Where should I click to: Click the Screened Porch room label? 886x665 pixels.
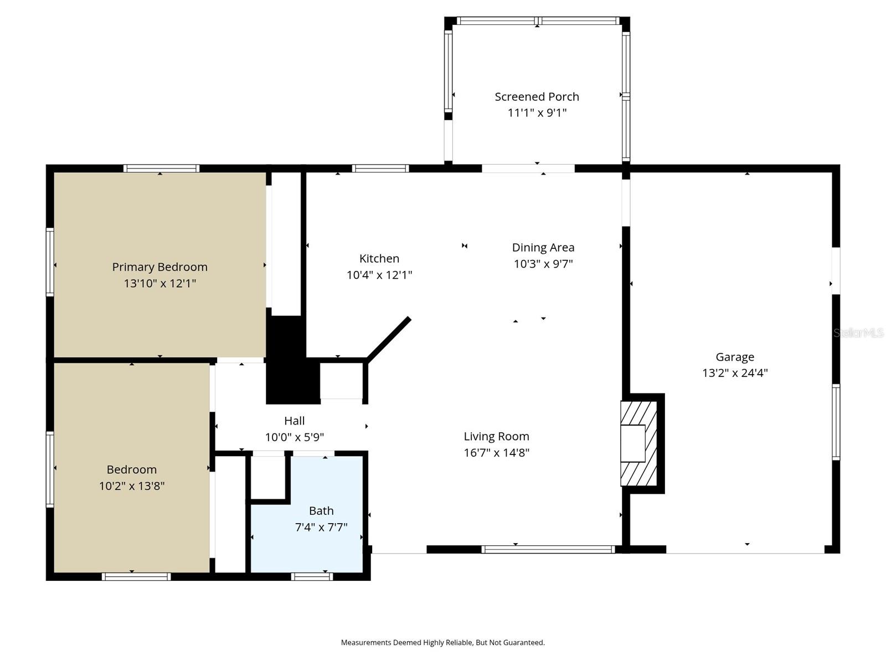[537, 96]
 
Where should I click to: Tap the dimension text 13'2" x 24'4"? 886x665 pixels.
[735, 373]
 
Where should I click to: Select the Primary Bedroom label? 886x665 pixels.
[159, 267]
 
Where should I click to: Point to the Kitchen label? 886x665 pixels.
[379, 258]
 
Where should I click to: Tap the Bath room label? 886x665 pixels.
[321, 511]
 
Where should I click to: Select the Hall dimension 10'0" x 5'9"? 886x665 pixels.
[294, 437]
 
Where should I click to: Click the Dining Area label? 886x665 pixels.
[543, 248]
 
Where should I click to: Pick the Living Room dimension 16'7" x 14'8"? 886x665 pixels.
[496, 453]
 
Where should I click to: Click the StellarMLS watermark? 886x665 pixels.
[858, 333]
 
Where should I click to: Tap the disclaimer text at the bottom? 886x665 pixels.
[442, 643]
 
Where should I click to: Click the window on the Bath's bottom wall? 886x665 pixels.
[312, 577]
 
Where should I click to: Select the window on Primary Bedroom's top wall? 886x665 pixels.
[161, 168]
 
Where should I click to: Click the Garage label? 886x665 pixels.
[735, 357]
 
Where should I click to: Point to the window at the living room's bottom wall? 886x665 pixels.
[548, 550]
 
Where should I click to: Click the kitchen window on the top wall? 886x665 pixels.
[380, 168]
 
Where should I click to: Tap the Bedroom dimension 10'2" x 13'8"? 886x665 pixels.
[132, 486]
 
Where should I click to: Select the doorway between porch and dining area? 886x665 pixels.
[528, 168]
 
